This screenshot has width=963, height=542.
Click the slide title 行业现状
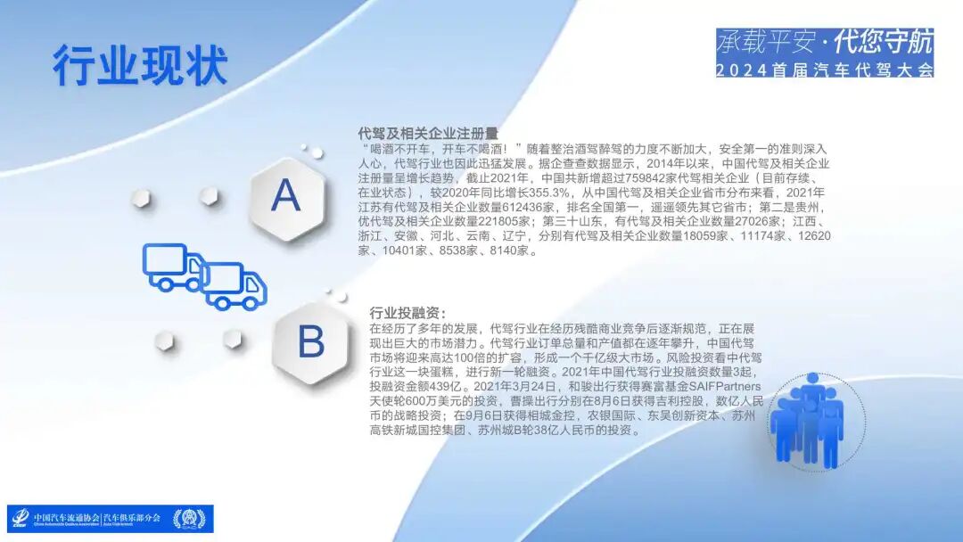140,65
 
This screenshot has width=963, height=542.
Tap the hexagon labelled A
285,195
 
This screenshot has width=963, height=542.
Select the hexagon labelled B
310,342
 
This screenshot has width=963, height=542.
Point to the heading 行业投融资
407,313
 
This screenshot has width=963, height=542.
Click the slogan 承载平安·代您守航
824,41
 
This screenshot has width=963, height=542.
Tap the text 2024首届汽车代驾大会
824,70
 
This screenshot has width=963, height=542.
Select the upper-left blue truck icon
173,267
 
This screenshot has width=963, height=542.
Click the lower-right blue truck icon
235,285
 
